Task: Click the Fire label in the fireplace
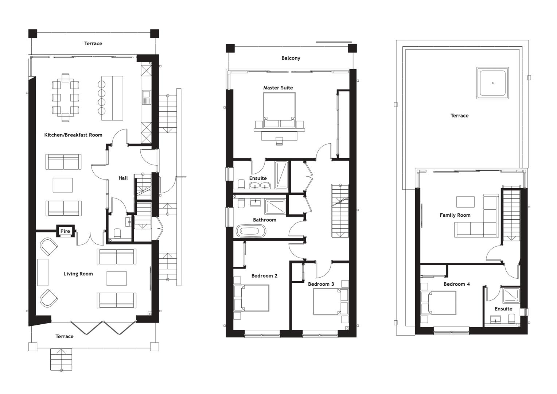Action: pyautogui.click(x=65, y=231)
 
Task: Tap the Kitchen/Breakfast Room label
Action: pyautogui.click(x=73, y=135)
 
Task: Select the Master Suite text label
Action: pyautogui.click(x=278, y=88)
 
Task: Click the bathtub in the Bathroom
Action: pyautogui.click(x=251, y=231)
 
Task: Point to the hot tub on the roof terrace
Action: pyautogui.click(x=492, y=83)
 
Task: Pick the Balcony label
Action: pyautogui.click(x=291, y=58)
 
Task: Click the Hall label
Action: pyautogui.click(x=123, y=178)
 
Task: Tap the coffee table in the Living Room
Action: pyautogui.click(x=117, y=278)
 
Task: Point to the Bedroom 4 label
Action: pyautogui.click(x=457, y=284)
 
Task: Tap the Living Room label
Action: pyautogui.click(x=78, y=274)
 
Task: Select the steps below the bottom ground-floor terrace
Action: pyautogui.click(x=61, y=359)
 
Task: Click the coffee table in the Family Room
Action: pyautogui.click(x=466, y=202)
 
